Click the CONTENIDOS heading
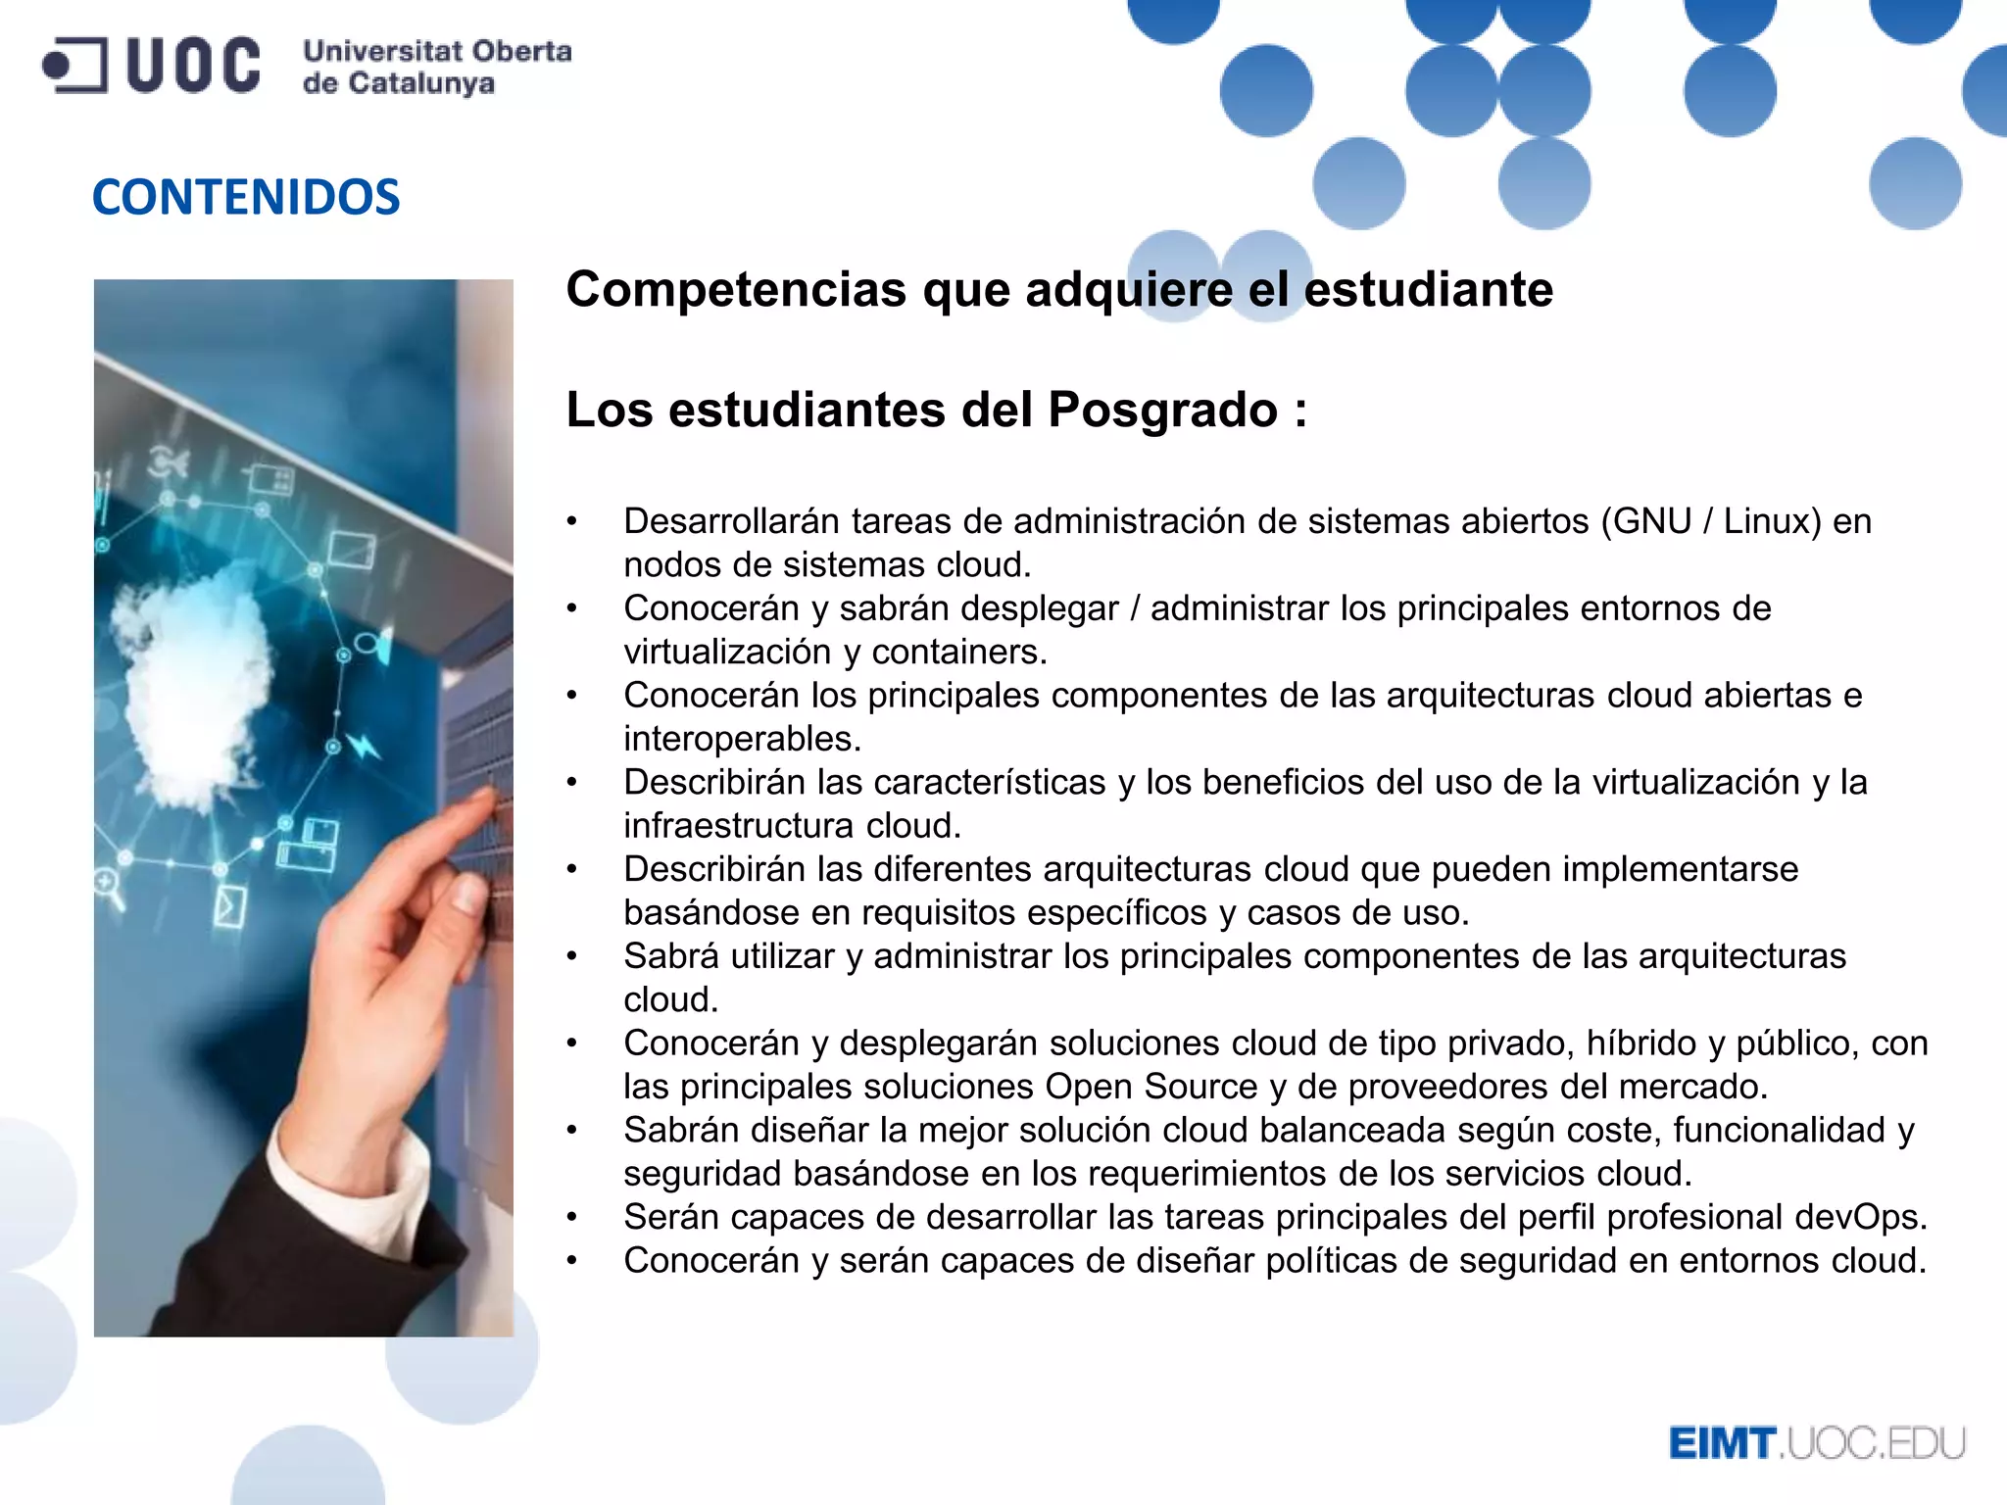(246, 197)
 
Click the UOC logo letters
(193, 66)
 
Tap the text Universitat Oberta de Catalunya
(436, 67)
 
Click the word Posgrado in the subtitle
(1162, 410)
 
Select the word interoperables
(741, 739)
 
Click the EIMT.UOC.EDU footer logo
(1817, 1443)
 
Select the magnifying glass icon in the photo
(108, 887)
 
